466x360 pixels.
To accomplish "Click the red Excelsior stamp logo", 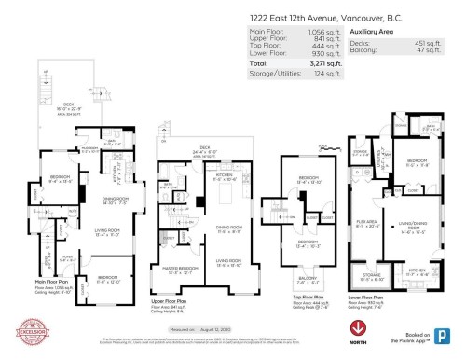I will point(31,330).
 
